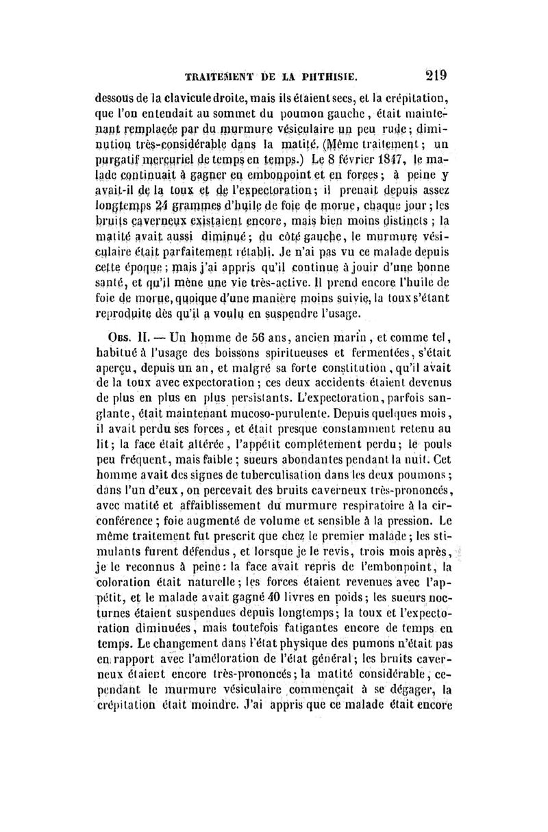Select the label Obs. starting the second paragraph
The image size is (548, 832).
[112, 337]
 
